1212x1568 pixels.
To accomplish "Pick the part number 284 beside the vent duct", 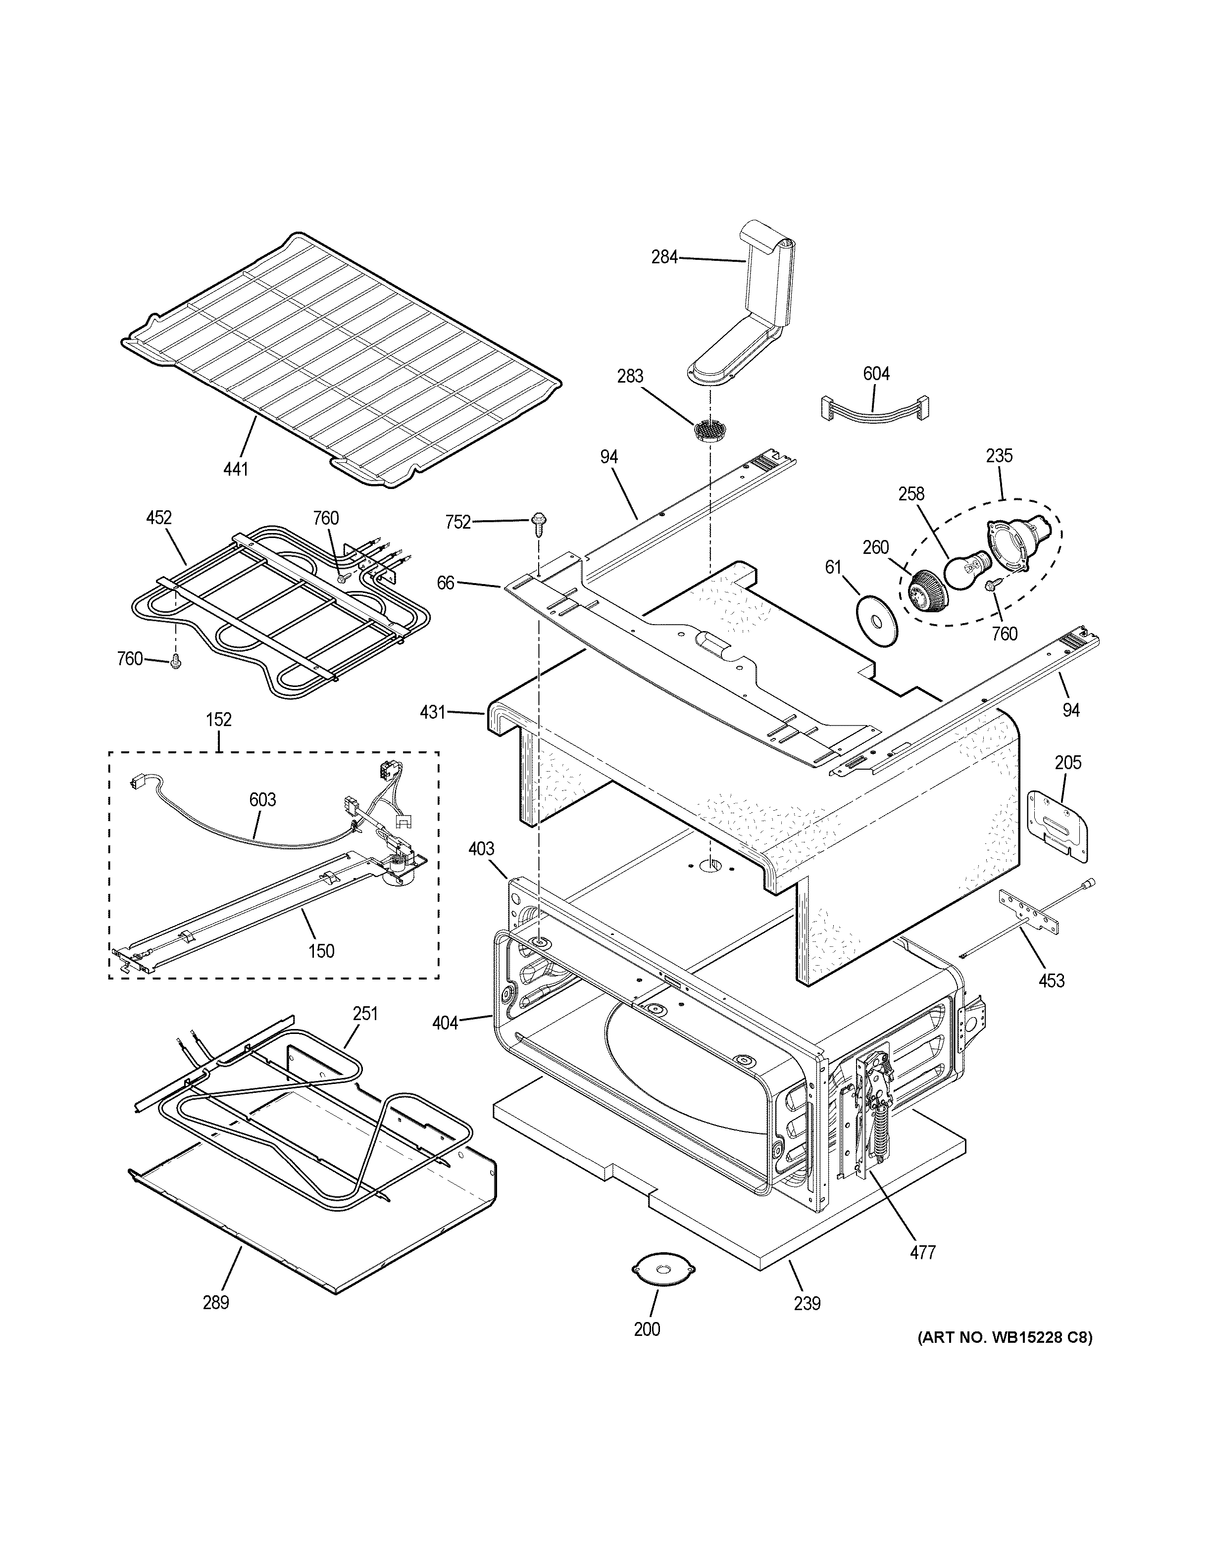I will click(664, 257).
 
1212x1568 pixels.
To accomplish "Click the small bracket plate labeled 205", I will click(1059, 824).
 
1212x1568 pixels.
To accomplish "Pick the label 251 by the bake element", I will click(365, 1014).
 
